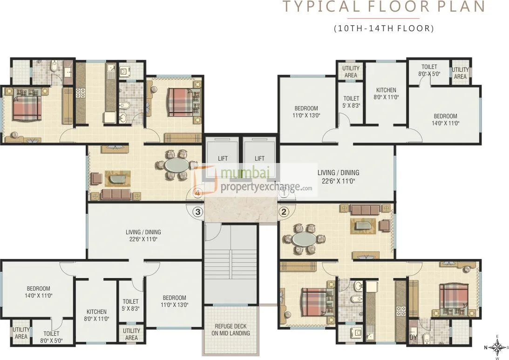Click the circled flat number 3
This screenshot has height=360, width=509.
tap(198, 212)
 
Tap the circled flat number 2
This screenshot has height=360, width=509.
tap(284, 212)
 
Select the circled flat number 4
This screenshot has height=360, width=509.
tap(197, 192)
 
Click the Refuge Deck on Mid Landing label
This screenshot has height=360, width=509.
tap(231, 330)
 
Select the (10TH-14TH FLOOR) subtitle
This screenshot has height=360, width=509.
tap(384, 28)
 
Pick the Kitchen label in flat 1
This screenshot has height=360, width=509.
tap(386, 94)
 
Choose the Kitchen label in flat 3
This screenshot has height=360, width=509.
tap(96, 315)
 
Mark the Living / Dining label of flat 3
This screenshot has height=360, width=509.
tap(143, 235)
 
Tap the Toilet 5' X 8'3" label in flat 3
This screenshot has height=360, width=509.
tap(130, 305)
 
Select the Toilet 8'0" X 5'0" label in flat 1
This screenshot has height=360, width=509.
tap(429, 70)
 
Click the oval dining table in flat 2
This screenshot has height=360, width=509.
tap(304, 239)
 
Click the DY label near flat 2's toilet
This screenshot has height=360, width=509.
tap(413, 337)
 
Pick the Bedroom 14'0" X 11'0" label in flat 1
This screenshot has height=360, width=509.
tap(445, 120)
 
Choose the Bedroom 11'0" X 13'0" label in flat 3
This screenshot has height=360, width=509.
tap(174, 301)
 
